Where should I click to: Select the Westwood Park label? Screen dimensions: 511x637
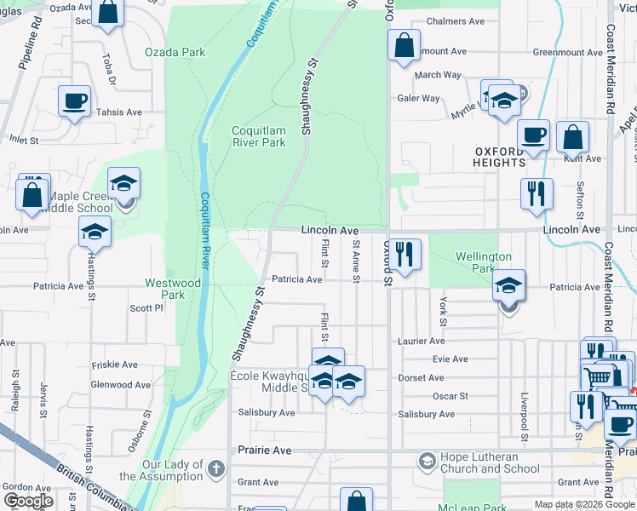[173, 289]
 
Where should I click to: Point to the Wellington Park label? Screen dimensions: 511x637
[483, 262]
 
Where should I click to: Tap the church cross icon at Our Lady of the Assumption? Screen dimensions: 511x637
[217, 468]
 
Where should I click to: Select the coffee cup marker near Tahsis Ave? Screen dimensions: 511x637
[74, 100]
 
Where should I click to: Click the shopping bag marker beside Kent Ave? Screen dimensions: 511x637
[573, 136]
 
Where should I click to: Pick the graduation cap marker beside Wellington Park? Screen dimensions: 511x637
[509, 286]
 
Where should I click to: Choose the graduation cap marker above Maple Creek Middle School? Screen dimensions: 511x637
[124, 183]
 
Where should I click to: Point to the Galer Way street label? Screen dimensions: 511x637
[418, 98]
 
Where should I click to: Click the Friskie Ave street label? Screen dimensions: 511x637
[114, 365]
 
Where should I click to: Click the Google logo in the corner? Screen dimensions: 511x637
[27, 501]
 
